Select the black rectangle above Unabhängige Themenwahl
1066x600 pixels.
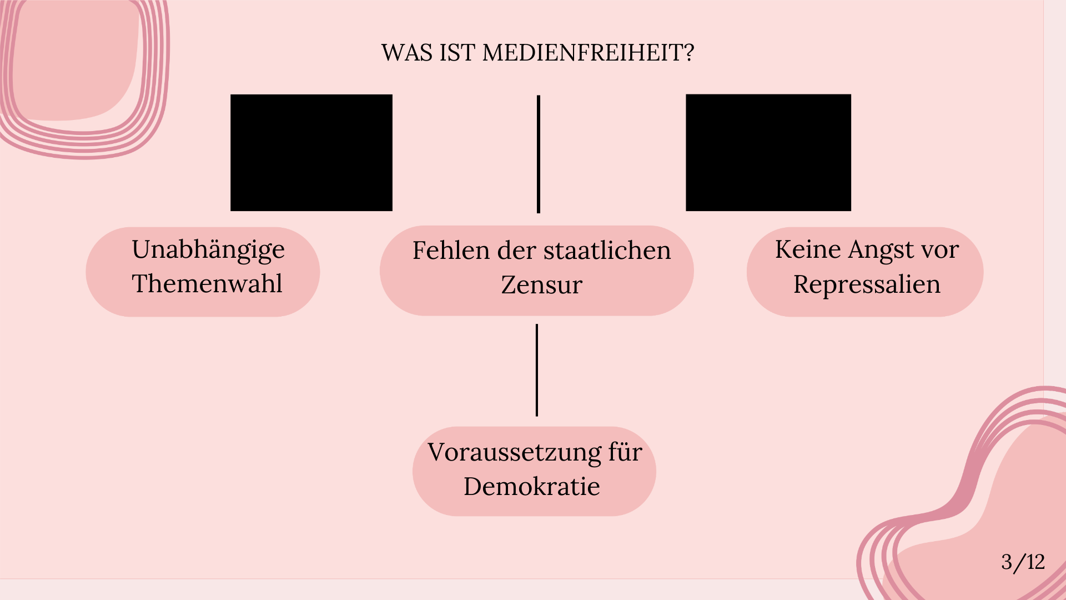(311, 153)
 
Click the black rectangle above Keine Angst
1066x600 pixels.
(768, 153)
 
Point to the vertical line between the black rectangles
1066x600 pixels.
(539, 154)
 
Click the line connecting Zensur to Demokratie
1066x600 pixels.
(537, 370)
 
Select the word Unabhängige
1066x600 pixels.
(208, 251)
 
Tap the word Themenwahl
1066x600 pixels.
(207, 283)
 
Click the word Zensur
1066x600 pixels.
(541, 285)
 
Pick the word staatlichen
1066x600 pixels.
(607, 251)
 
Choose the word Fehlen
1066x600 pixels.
(451, 251)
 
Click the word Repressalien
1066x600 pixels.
(867, 284)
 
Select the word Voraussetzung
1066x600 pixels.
(514, 453)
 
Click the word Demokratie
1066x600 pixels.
(532, 487)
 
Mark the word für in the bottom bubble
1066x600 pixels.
(625, 452)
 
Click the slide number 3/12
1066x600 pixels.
(1023, 562)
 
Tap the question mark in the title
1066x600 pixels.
(688, 53)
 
